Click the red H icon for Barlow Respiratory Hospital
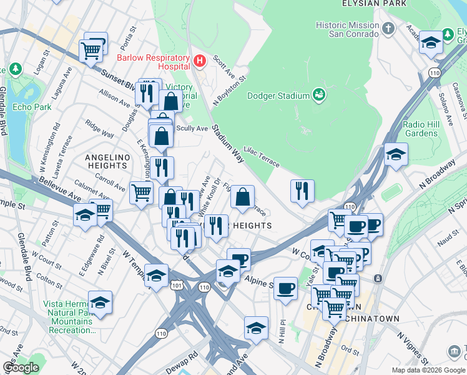[200, 61]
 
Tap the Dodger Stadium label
[278, 96]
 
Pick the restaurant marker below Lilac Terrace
[302, 191]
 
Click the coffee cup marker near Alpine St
[285, 288]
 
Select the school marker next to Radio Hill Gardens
[396, 154]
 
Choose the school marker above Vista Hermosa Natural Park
[100, 302]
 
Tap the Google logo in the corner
[21, 367]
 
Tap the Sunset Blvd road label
[119, 77]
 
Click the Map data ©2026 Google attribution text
[428, 370]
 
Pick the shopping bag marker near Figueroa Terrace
[242, 197]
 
